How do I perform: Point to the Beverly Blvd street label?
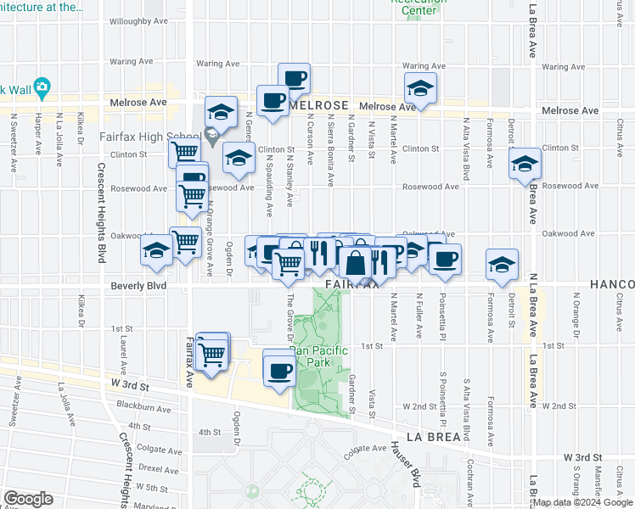click(138, 287)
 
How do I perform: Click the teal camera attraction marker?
click(42, 87)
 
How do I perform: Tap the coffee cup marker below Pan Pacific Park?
click(279, 368)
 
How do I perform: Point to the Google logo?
click(29, 499)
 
